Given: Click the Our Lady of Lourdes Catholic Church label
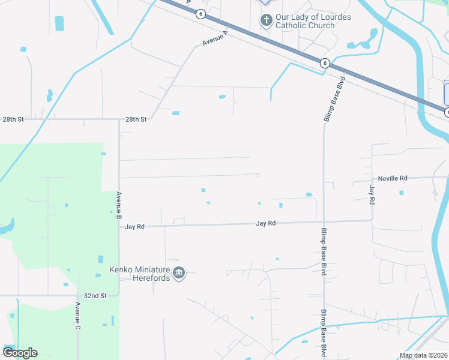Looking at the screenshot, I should click(x=313, y=22).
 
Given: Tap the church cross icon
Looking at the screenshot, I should click(x=266, y=21).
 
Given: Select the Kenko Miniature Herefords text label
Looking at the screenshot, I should click(x=140, y=274).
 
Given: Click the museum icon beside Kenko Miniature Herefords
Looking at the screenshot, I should click(x=179, y=274).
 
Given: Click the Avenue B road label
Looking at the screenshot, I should click(x=119, y=204).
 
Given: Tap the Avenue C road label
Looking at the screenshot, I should click(x=77, y=316).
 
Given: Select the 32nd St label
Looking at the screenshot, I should click(x=95, y=296).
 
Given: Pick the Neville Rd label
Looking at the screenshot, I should click(x=393, y=178).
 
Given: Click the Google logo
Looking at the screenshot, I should click(x=20, y=353).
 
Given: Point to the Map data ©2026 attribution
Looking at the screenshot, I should click(x=424, y=355).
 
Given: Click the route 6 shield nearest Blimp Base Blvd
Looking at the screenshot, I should click(x=324, y=62).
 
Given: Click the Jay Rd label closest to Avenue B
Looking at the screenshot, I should click(x=135, y=227).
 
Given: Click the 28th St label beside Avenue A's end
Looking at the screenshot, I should click(x=136, y=119).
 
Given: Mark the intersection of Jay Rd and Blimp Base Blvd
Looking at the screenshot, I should click(x=324, y=222).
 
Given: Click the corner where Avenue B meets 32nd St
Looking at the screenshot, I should click(x=119, y=295).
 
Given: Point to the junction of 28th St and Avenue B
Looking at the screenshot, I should click(x=119, y=119).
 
